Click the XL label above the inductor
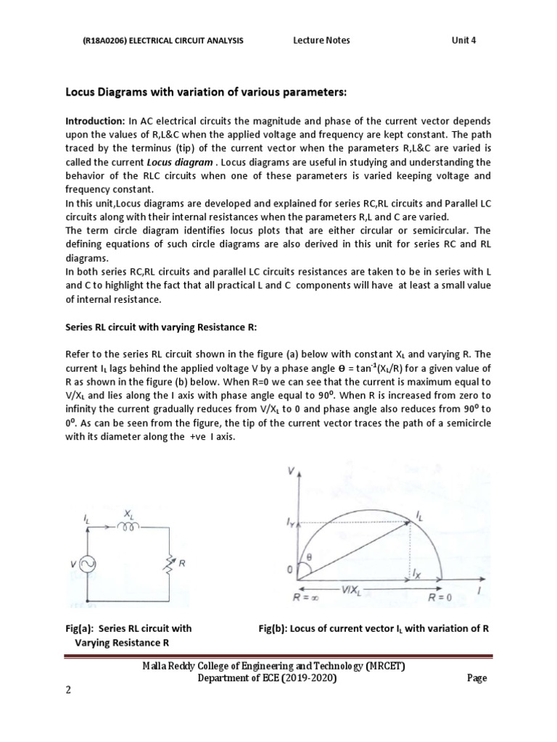point(130,512)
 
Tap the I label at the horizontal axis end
point(479,591)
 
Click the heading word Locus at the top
point(81,93)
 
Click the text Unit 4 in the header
point(466,40)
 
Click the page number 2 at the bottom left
point(69,690)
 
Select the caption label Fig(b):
point(273,628)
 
